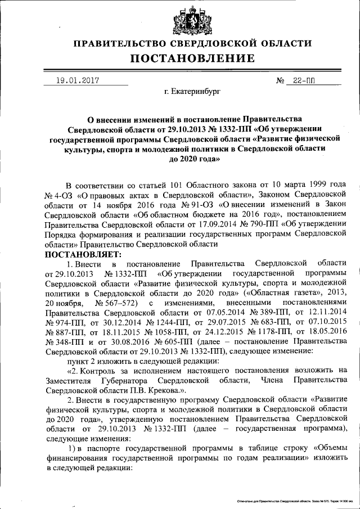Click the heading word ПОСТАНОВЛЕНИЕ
pos(193,58)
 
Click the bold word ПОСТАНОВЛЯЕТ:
pos(82,254)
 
